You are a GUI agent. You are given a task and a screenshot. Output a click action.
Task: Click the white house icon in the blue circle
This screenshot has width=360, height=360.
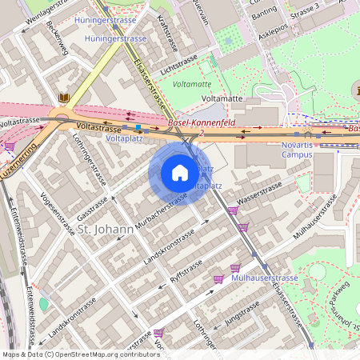click(180, 173)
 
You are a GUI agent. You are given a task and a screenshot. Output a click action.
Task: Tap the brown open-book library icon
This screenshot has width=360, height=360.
click(65, 98)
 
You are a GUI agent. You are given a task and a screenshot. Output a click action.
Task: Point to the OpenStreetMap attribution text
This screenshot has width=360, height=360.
click(80, 354)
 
